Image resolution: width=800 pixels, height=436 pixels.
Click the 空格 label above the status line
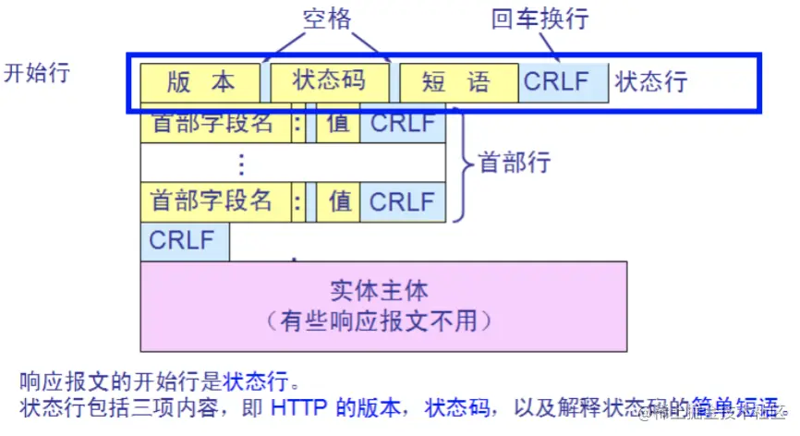[328, 18]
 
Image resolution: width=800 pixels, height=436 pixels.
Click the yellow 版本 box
[200, 82]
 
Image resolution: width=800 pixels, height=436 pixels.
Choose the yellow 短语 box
[456, 82]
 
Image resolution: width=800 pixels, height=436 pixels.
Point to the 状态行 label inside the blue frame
[651, 81]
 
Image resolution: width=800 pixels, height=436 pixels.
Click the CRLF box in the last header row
[402, 201]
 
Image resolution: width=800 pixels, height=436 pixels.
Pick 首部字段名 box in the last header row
[213, 201]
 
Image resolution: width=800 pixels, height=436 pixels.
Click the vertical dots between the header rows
[241, 163]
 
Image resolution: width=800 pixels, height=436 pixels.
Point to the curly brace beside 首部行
[461, 163]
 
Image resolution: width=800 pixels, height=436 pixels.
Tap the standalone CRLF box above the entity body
[184, 241]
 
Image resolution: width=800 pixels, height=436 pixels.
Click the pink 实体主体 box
[382, 306]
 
